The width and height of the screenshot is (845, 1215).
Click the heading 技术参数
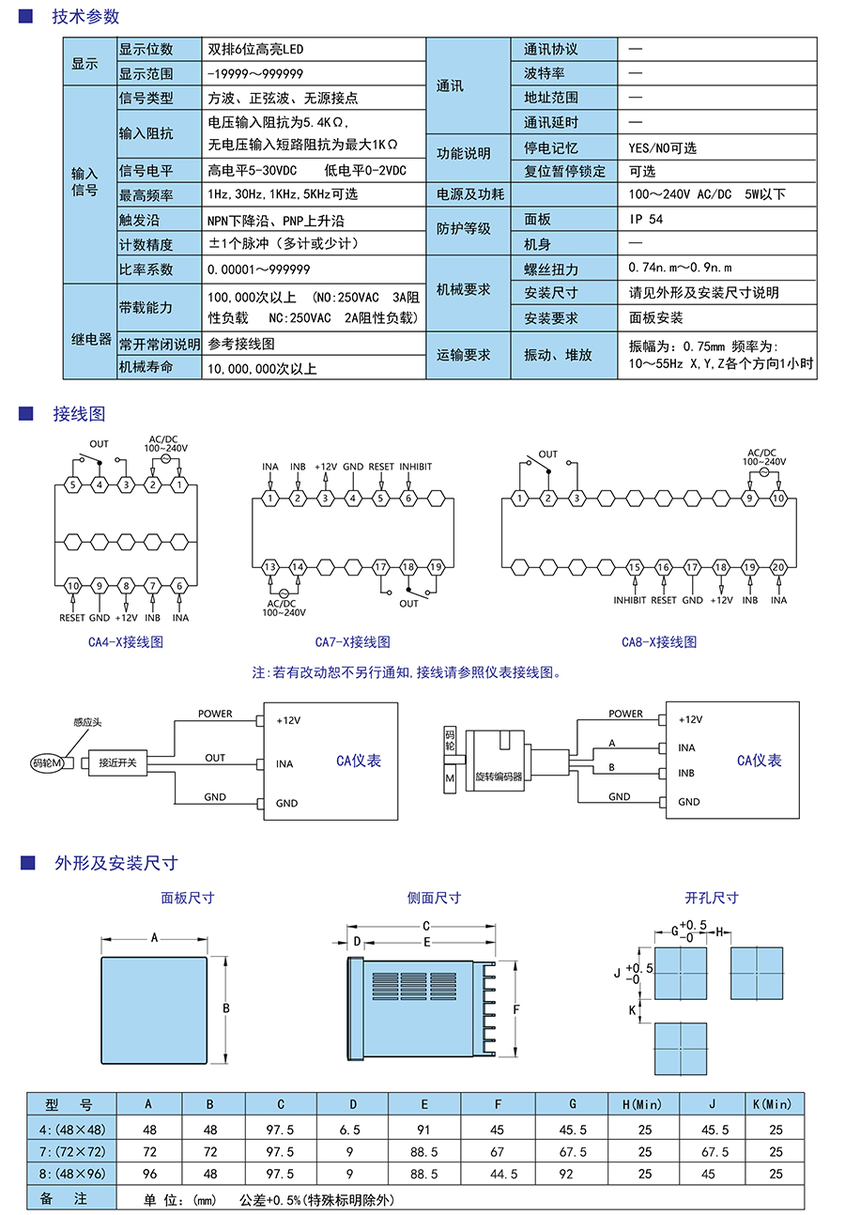click(x=85, y=17)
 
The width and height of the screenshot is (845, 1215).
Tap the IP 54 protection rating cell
click(x=646, y=219)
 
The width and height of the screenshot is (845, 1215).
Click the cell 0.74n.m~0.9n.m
click(x=680, y=268)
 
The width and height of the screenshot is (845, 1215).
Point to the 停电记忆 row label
click(x=551, y=147)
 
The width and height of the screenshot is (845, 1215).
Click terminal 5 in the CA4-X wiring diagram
click(x=72, y=484)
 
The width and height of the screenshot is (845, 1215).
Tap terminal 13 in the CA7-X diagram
click(x=270, y=567)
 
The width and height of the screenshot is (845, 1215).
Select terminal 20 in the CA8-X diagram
click(x=778, y=567)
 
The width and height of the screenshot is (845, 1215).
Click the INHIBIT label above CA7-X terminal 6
click(x=416, y=467)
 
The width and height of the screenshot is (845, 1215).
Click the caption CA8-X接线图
click(x=659, y=642)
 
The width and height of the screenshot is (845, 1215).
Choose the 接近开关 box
click(x=117, y=762)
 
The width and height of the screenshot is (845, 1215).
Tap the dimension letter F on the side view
click(x=516, y=1009)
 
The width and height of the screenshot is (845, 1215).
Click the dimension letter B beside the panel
click(x=226, y=1008)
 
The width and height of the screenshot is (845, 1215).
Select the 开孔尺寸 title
click(x=712, y=898)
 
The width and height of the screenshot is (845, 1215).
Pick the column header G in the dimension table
click(x=573, y=1104)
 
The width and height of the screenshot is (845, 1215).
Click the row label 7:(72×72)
click(x=71, y=1151)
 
